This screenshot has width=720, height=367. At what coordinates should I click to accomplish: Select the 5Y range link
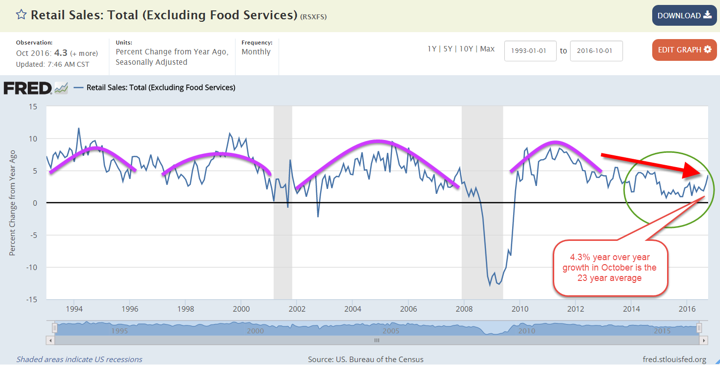448,49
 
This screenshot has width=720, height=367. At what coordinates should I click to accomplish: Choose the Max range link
487,49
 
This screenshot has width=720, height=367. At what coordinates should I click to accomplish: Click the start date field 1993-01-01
530,51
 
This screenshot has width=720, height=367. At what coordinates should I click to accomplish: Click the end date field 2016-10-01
596,51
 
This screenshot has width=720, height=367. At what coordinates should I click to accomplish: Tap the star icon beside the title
21,14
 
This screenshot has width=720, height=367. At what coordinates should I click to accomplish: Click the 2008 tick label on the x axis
463,309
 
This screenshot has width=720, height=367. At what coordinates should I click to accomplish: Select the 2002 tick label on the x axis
296,309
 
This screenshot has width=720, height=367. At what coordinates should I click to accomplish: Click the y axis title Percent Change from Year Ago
12,203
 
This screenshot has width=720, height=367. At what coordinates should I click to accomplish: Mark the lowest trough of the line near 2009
490,285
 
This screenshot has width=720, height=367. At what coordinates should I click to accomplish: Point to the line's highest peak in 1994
78,128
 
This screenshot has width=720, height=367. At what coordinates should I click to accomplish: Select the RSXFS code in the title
313,17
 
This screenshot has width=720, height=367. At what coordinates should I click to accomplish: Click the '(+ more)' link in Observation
84,53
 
